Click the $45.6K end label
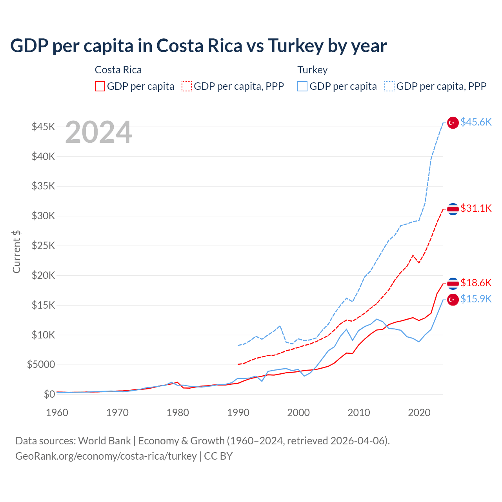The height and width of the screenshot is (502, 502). [476, 122]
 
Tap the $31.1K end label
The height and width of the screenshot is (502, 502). [476, 208]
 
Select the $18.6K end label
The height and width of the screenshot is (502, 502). [476, 283]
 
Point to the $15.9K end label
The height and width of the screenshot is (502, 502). [476, 299]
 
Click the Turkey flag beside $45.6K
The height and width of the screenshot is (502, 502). [453, 123]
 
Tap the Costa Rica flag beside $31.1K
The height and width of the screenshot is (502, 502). [453, 209]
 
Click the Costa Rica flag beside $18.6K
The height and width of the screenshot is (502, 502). [453, 283]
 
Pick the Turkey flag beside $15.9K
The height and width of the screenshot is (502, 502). [453, 300]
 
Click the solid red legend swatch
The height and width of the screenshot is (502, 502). [100, 86]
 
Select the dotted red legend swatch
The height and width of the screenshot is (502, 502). [187, 86]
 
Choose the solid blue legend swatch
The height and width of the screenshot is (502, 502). [302, 86]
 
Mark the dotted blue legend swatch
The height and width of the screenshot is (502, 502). [389, 86]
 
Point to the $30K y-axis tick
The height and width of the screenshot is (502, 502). [43, 216]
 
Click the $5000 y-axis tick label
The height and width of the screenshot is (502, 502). [41, 365]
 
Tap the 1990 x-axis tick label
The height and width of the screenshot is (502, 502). [238, 413]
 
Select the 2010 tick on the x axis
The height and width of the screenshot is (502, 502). [359, 413]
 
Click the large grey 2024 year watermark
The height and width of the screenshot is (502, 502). [98, 132]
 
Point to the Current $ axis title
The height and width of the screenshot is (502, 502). [16, 252]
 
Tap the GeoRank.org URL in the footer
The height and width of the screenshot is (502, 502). [106, 456]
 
